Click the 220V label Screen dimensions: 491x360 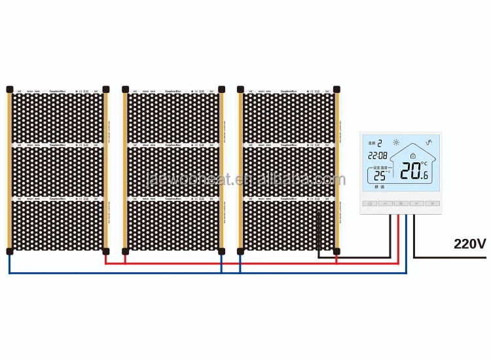coord(469,244)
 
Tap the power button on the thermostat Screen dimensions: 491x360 coord(371,204)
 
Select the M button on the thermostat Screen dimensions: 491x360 coord(432,204)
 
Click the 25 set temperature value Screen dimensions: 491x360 coord(378,175)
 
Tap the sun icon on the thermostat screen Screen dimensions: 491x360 coord(395,142)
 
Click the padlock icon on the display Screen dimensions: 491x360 coord(413,155)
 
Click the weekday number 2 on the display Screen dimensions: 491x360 coord(380,141)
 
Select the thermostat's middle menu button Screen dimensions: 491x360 coord(401,204)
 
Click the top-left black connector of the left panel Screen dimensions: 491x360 coord(9,88)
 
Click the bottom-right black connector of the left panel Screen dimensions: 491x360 coord(106,250)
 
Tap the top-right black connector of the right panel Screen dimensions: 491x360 coord(336,88)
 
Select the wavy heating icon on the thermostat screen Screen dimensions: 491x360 coord(429,141)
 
